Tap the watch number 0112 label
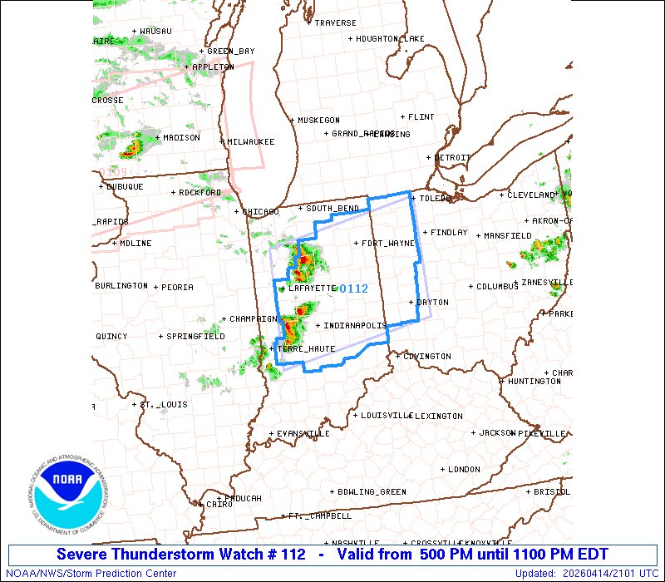[353, 289]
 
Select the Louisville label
[383, 415]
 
